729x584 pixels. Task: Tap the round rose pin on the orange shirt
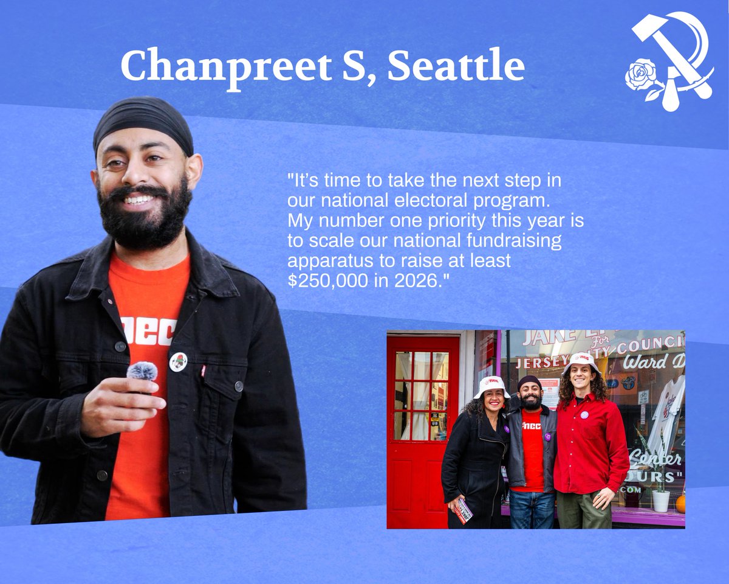178,361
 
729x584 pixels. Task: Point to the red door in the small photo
423,426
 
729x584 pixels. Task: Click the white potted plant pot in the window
661,501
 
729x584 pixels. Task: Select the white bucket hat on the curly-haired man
581,362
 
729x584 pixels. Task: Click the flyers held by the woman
464,511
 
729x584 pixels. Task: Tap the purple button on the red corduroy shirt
584,415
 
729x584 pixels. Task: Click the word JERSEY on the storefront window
539,363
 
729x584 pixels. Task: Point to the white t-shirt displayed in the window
667,414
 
